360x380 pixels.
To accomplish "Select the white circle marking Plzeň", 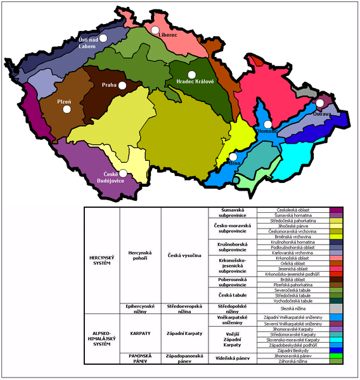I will tap(67, 109).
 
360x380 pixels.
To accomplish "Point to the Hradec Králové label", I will tap(191, 82).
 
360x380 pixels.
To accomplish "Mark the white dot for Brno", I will tap(233, 156).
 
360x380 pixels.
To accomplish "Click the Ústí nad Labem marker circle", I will tap(103, 37).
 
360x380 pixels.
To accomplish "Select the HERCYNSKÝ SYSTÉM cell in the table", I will tap(101, 260).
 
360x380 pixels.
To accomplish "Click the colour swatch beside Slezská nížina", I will tap(336, 308).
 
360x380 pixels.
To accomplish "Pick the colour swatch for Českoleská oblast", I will tap(336, 209).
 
